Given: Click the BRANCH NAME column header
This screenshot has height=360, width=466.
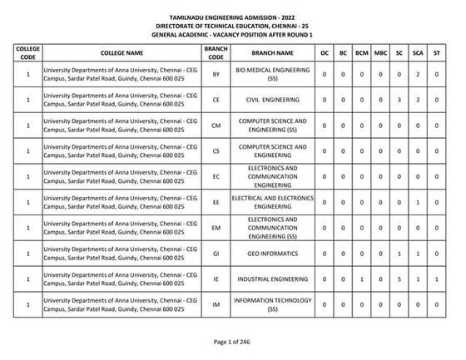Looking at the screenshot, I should [273, 52].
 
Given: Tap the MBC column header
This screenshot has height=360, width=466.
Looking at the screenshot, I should [380, 52].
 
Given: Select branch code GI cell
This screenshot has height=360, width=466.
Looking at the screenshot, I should [216, 254].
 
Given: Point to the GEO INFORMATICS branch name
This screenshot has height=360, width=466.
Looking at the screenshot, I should [273, 254].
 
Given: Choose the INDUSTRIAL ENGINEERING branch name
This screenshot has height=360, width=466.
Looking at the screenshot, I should [273, 279].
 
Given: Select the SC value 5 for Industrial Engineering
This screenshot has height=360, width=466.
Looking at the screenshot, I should [400, 279].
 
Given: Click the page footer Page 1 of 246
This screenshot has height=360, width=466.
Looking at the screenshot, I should [232, 342].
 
